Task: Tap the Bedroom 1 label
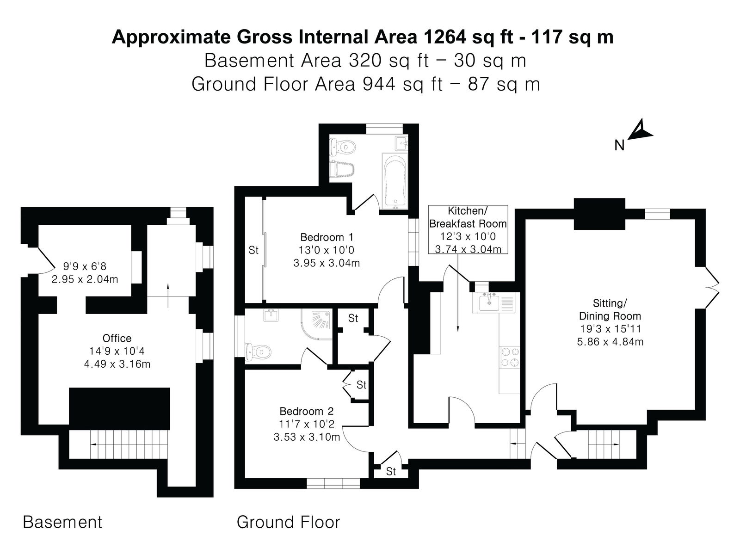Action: [x=327, y=237]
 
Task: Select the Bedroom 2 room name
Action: [x=307, y=411]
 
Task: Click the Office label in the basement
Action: [x=117, y=338]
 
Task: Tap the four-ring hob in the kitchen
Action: [x=509, y=357]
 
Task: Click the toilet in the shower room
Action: [x=258, y=352]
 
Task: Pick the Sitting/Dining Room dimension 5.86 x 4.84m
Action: [x=610, y=342]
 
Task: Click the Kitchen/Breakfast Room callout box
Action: [x=468, y=229]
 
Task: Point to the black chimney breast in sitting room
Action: [x=599, y=214]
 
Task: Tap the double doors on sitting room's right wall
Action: [x=711, y=288]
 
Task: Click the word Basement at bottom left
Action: [x=62, y=522]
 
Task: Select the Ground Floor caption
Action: [x=288, y=522]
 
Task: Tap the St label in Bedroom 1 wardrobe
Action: [x=253, y=250]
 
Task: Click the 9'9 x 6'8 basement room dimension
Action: [x=85, y=266]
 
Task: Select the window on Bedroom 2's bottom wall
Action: [x=333, y=483]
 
